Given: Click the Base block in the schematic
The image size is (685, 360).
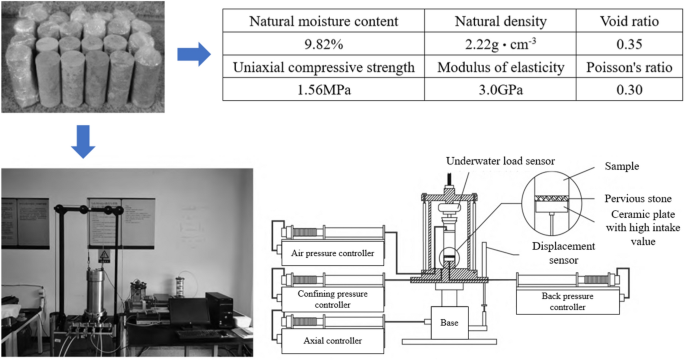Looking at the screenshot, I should [x=449, y=322].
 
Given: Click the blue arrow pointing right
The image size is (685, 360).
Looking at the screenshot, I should [x=200, y=57].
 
